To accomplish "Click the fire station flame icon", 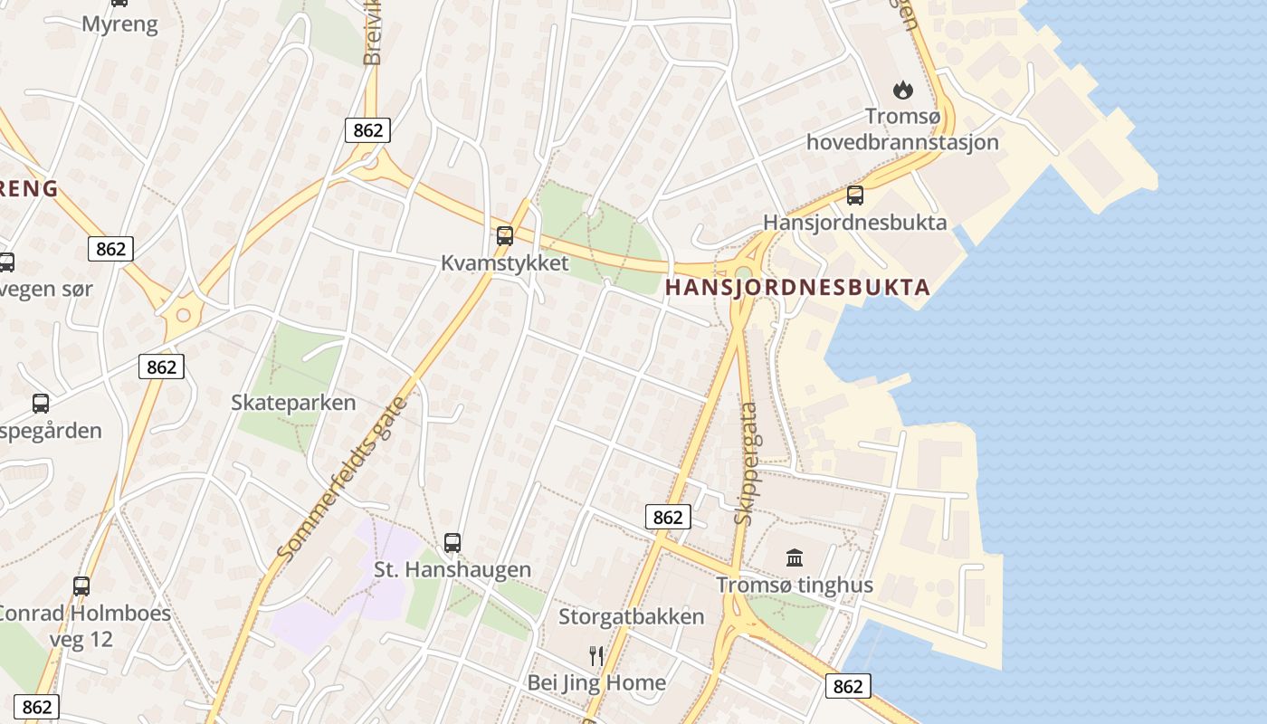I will click(902, 90).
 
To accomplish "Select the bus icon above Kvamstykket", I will click(505, 236).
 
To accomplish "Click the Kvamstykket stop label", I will click(505, 263).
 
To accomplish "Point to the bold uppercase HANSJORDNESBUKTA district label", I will click(797, 288).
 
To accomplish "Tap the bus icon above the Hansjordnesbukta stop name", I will click(854, 195).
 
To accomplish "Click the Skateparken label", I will click(293, 403).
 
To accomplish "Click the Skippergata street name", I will click(747, 463).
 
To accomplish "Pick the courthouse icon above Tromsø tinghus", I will click(795, 557).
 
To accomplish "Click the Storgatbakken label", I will click(631, 617).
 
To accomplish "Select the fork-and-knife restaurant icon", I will click(595, 655).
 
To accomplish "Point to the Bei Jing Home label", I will click(596, 682).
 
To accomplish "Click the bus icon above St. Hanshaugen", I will click(452, 543).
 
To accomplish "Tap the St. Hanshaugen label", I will click(452, 570).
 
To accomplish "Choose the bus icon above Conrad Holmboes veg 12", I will click(81, 586).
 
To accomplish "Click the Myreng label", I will click(119, 24).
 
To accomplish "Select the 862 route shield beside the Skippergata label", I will click(668, 517).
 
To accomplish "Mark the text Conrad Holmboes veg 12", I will click(81, 625).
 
